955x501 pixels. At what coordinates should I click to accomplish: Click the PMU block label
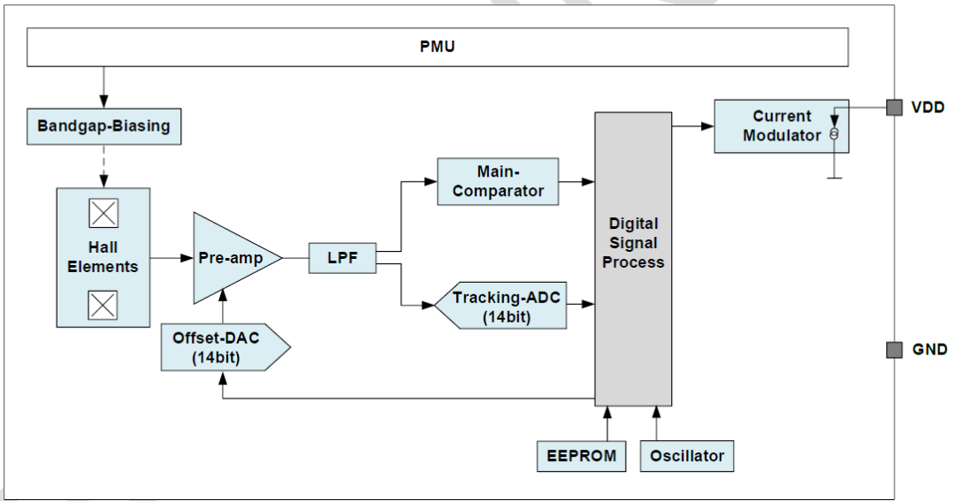click(x=438, y=47)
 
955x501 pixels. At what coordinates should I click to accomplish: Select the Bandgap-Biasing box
click(x=103, y=126)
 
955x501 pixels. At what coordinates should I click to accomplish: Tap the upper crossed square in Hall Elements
click(x=103, y=214)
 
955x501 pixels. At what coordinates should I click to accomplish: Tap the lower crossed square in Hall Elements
click(x=103, y=305)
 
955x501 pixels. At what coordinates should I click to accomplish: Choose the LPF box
click(x=341, y=259)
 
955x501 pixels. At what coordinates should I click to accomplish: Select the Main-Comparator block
click(x=498, y=181)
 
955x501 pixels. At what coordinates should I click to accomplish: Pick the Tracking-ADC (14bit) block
click(x=505, y=306)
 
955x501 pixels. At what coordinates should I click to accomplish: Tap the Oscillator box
click(x=687, y=456)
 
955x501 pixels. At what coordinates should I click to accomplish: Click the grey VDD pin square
click(x=894, y=107)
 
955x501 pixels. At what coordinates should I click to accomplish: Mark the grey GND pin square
click(x=894, y=350)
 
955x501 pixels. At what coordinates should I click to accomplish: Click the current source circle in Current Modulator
click(x=833, y=134)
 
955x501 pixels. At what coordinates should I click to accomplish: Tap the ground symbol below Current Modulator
click(x=833, y=178)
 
